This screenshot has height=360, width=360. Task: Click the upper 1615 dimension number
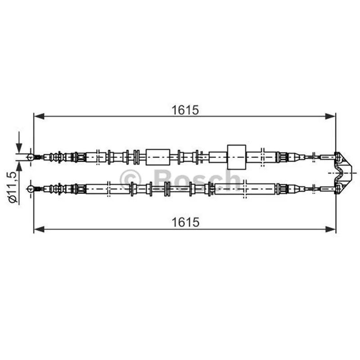(185, 110)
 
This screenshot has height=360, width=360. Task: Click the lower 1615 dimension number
(185, 222)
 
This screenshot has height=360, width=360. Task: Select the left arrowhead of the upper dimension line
(39, 116)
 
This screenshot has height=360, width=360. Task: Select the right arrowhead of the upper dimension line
(330, 116)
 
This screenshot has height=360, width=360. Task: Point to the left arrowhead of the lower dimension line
(39, 229)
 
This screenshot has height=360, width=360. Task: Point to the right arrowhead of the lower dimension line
(330, 229)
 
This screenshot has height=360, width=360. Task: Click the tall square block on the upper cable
(237, 157)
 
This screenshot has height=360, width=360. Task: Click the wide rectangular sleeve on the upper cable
(158, 157)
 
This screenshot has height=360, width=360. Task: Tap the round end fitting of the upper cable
(30, 157)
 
